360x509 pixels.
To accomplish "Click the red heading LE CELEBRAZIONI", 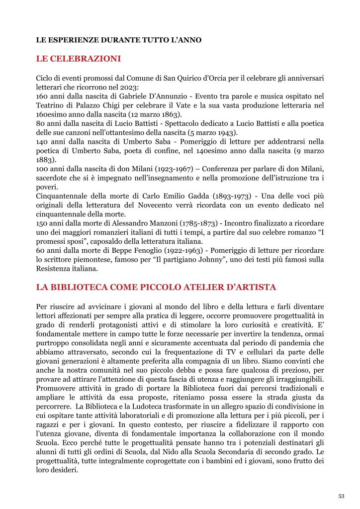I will tap(79, 59).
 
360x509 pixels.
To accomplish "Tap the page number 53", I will tap(341, 496).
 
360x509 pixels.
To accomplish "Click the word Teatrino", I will tap(51, 104).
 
